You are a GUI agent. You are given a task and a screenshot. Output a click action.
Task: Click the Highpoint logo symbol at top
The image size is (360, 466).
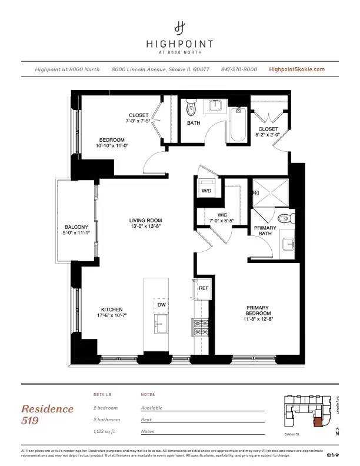(180, 27)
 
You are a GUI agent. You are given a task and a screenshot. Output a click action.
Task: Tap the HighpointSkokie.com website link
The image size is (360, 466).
(296, 69)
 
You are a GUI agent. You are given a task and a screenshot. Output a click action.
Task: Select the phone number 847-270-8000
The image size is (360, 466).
(239, 69)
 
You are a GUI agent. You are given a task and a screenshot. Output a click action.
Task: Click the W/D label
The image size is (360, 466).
(206, 191)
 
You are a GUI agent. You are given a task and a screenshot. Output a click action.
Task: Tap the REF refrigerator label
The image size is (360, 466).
(204, 288)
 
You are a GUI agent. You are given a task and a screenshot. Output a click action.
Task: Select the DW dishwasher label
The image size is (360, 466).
(161, 305)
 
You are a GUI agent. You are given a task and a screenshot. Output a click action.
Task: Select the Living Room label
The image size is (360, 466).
(145, 221)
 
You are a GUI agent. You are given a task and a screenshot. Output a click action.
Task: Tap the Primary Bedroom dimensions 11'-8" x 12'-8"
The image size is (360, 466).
(258, 318)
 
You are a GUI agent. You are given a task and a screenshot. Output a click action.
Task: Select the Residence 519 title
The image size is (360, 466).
(47, 414)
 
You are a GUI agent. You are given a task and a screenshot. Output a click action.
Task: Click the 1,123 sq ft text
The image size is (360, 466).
(106, 432)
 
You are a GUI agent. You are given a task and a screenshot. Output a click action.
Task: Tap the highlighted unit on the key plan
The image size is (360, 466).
(318, 421)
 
